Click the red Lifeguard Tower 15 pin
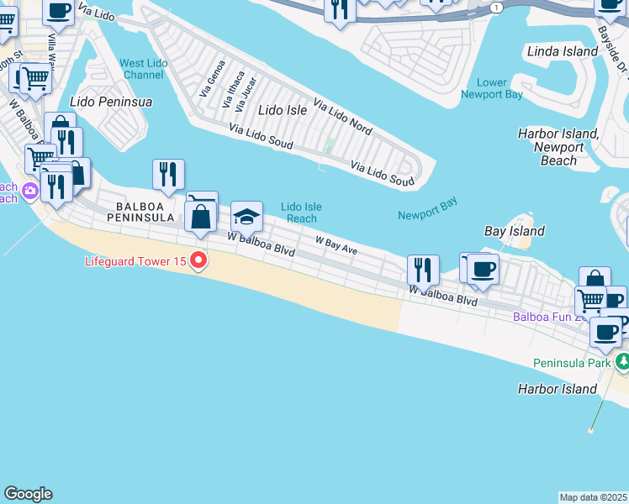coord(198,261)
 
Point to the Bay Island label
coord(515,231)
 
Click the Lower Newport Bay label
coord(492,88)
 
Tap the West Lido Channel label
coord(141,69)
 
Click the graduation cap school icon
coord(246,218)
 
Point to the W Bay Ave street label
coord(336,245)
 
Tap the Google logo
coord(28,494)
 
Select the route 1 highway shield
coord(496,7)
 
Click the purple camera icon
coord(30,192)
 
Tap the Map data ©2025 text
coord(594,497)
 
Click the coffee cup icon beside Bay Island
coord(483,269)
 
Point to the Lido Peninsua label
coord(112,102)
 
